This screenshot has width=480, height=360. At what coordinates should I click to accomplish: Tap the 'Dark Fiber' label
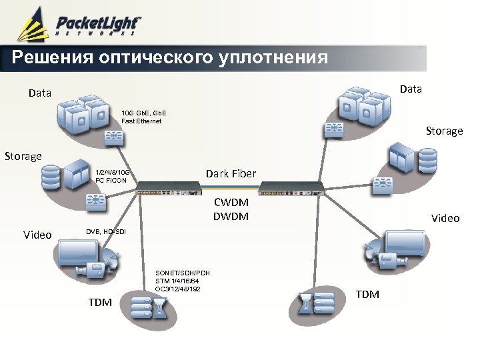[x=231, y=174]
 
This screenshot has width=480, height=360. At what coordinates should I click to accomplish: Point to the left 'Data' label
[x=40, y=93]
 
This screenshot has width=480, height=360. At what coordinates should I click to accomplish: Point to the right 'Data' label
[x=411, y=89]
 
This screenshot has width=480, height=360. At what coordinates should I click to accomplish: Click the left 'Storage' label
[x=23, y=156]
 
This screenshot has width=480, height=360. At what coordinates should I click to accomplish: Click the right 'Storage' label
[x=444, y=131]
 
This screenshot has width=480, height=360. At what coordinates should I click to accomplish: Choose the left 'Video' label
[x=37, y=235]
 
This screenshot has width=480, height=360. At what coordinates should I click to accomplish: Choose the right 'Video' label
[x=445, y=218]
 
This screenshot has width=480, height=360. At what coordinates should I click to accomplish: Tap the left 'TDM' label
[x=100, y=303]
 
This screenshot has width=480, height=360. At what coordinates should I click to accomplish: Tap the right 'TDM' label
[x=367, y=294]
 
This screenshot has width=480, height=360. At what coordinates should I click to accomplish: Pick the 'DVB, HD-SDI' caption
[x=105, y=231]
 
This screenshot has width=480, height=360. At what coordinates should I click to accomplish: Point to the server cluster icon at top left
[x=83, y=114]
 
